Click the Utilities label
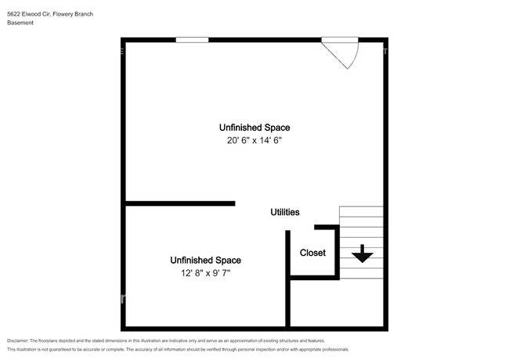(285, 212)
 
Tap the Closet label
(312, 253)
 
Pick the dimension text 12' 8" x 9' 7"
(205, 273)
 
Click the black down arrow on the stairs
(363, 254)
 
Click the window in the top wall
(192, 40)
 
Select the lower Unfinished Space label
(205, 260)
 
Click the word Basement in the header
(20, 23)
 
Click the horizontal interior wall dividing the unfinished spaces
(180, 203)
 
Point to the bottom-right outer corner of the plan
(387, 329)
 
